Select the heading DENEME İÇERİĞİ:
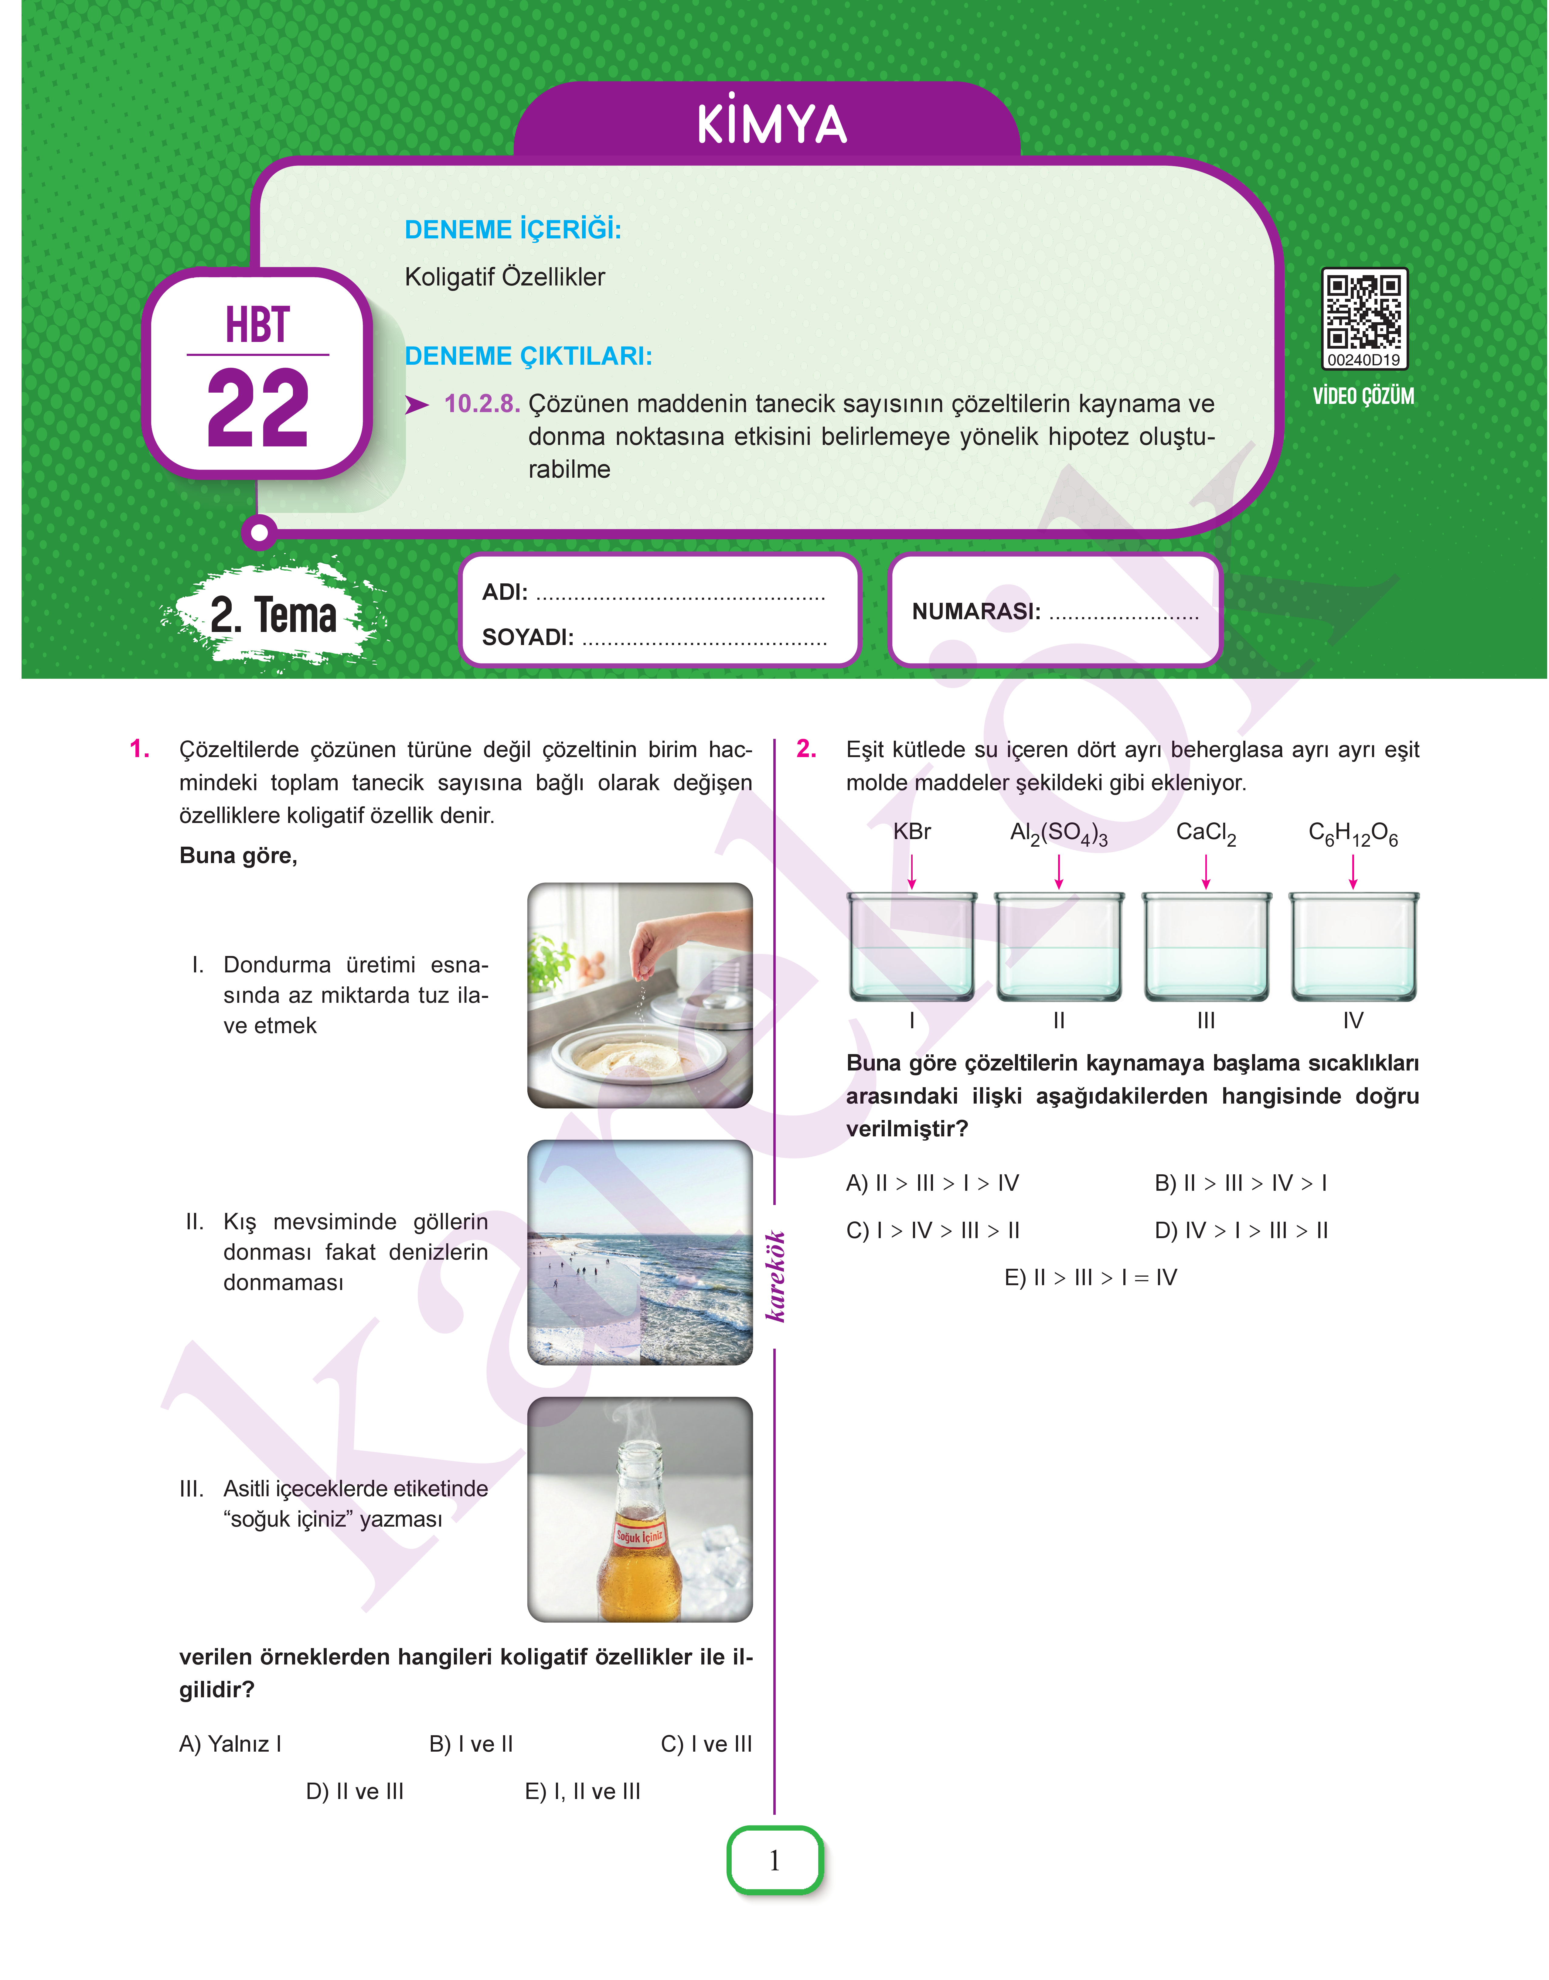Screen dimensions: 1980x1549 point(512,230)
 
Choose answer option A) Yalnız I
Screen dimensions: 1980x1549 point(230,1743)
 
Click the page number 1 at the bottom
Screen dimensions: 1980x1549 point(774,1860)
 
